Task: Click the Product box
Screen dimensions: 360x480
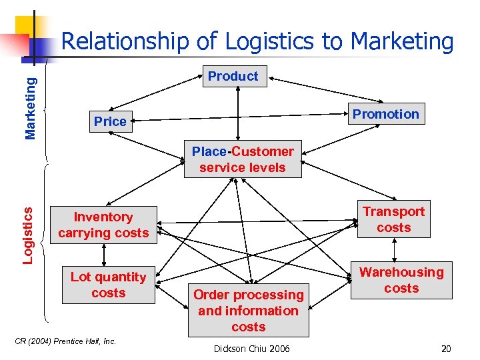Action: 233,76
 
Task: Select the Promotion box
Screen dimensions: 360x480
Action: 386,114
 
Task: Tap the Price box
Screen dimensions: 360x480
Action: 110,121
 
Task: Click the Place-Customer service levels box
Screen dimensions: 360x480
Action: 243,160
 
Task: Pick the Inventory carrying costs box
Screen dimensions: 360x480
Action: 103,225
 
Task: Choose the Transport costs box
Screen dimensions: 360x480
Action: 393,219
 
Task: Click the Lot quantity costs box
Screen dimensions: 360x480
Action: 108,285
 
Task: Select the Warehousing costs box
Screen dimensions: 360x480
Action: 401,280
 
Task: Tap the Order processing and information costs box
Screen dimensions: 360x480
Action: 249,311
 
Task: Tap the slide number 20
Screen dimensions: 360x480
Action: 446,349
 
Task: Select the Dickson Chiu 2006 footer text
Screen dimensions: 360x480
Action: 251,349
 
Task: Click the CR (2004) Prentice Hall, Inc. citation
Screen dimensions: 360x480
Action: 65,341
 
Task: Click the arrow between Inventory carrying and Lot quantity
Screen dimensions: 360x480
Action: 104,254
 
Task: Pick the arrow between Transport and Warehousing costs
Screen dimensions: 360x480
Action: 395,251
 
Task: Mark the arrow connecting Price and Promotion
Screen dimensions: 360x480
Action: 240,119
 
